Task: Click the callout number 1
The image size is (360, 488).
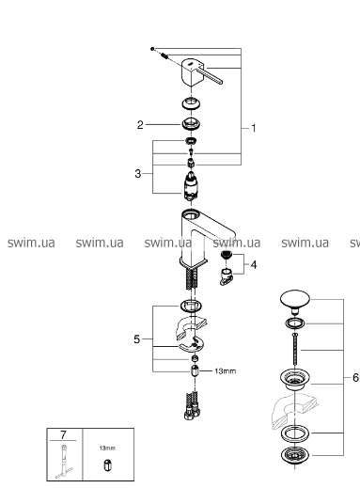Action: pos(254,128)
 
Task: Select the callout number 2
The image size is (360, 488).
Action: pos(140,125)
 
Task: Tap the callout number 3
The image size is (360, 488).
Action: pos(138,174)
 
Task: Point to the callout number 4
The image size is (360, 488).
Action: pos(254,265)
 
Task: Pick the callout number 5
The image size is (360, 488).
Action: pos(136,339)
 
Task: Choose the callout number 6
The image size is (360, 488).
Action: pos(355,378)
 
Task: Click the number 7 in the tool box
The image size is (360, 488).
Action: pos(63,435)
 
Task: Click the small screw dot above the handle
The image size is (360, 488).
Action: pos(152,49)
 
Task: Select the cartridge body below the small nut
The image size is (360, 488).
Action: pos(191,186)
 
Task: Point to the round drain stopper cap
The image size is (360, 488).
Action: pos(294,301)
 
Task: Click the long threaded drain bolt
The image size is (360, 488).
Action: pos(294,349)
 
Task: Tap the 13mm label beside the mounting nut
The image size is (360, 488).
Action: pos(226,371)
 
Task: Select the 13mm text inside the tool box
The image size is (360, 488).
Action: pos(107,449)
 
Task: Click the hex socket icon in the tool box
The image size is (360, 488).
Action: pos(107,465)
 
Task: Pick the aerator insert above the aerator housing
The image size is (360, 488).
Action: pos(227,255)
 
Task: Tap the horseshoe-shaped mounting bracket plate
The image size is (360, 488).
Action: pos(191,345)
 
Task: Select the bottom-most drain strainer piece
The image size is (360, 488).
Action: pos(295,456)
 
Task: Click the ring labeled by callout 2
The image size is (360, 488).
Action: pos(191,123)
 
